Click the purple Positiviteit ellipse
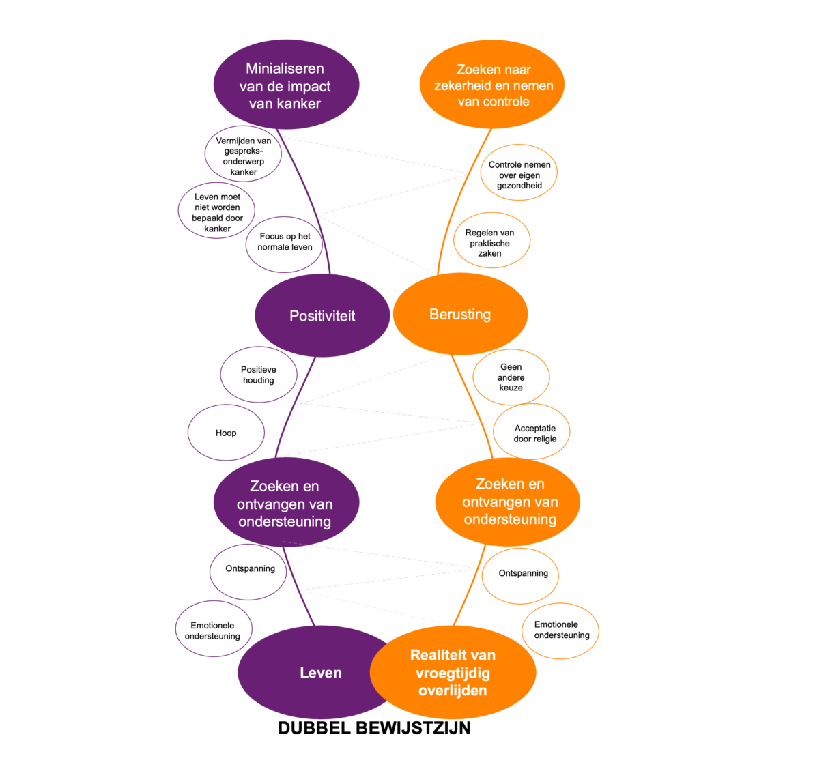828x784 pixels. [322, 315]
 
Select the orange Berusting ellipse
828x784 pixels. [460, 314]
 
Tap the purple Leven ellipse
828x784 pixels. [307, 673]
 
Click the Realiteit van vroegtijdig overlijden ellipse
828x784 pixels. [453, 673]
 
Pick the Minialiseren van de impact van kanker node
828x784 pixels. [285, 85]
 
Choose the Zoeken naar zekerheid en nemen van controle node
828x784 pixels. [493, 85]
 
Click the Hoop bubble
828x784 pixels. [226, 433]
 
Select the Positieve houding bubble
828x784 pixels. [259, 375]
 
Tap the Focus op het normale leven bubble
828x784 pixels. [285, 242]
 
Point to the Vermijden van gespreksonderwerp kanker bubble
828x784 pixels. [244, 156]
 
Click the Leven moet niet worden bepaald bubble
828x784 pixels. [217, 212]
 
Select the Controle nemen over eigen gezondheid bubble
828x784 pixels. [519, 174]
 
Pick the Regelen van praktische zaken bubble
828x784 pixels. [490, 242]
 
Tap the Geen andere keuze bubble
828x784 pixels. [511, 377]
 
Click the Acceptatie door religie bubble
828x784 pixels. [532, 433]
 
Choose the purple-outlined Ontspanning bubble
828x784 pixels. [249, 570]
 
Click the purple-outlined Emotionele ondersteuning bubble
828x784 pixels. [213, 630]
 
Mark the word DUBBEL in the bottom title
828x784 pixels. [314, 728]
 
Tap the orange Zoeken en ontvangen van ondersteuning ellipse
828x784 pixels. [509, 502]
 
